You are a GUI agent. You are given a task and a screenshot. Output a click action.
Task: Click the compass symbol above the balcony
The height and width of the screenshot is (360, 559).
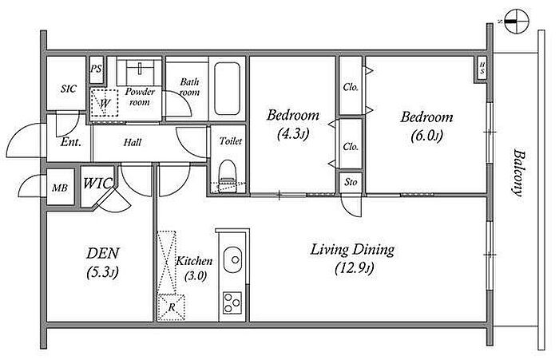click(517, 22)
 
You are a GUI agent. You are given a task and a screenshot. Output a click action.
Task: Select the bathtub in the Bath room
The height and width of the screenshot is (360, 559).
click(227, 89)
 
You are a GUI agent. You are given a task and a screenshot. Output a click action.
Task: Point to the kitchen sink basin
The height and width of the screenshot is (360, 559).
click(232, 259)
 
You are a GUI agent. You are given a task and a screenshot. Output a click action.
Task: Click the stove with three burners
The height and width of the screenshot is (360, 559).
click(232, 303)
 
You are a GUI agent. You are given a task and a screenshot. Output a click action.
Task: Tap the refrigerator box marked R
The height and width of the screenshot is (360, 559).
click(172, 307)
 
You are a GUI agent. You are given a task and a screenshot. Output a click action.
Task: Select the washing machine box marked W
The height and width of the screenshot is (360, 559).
click(104, 103)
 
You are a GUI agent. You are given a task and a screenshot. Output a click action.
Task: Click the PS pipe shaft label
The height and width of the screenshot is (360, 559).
click(96, 69)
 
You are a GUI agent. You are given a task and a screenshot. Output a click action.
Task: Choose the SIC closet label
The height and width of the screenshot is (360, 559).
click(68, 89)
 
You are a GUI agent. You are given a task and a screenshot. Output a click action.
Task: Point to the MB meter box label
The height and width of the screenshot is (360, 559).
click(60, 188)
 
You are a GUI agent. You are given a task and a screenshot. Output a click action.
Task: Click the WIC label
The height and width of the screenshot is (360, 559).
click(97, 184)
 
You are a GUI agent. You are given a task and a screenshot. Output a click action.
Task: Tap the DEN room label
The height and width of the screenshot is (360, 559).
click(103, 253)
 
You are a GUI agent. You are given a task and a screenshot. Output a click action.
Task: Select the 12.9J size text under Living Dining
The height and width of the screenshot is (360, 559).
click(355, 268)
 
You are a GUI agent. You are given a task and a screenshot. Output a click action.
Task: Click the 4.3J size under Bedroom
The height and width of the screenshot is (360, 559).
click(293, 134)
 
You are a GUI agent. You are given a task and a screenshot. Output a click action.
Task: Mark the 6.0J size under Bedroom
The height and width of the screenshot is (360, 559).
click(426, 136)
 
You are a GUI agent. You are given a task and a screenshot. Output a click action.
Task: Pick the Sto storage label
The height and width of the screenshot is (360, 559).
click(351, 182)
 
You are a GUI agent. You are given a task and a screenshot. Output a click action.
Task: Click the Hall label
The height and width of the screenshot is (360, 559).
click(133, 143)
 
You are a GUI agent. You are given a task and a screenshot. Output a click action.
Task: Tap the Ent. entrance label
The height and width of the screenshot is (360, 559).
click(70, 142)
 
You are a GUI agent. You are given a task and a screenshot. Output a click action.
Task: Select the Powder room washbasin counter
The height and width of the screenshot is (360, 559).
click(140, 68)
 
